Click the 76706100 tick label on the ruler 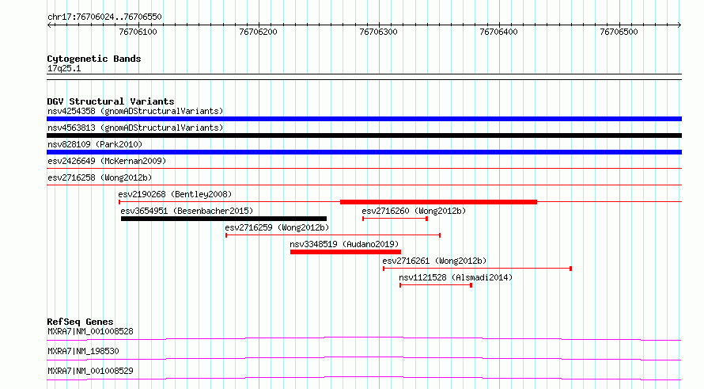[x=138, y=32]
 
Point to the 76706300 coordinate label [x=378, y=32]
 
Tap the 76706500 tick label [x=619, y=32]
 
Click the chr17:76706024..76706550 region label [x=104, y=17]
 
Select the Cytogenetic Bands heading [x=94, y=59]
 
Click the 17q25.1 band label [x=64, y=68]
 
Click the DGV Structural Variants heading [x=111, y=101]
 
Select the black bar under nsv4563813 [x=364, y=135]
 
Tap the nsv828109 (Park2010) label [x=95, y=144]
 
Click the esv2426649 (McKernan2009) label [x=107, y=161]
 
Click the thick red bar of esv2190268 [x=439, y=202]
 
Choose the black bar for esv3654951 [x=224, y=219]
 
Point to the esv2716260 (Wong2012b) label [x=414, y=211]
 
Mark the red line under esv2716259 [x=333, y=235]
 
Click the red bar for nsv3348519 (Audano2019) [x=346, y=252]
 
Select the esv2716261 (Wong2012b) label [x=434, y=261]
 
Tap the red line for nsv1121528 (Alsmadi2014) [x=436, y=285]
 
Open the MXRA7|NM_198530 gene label [x=84, y=351]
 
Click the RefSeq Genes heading [x=81, y=322]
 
